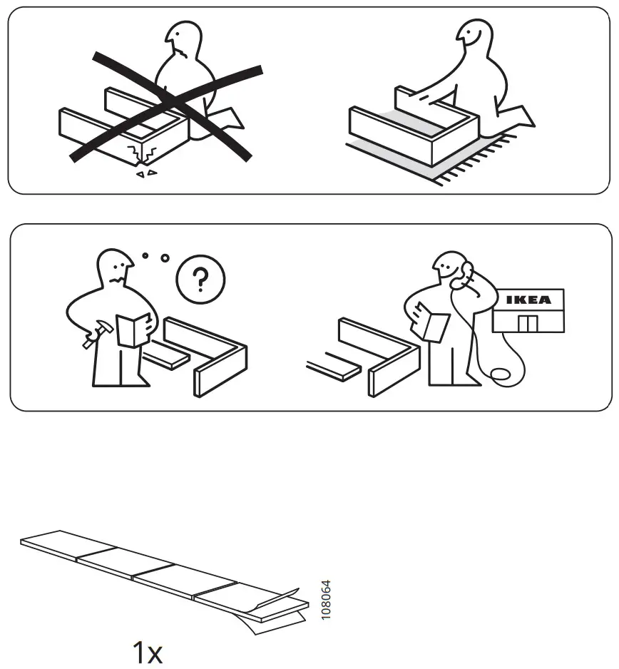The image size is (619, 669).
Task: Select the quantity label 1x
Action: [148, 652]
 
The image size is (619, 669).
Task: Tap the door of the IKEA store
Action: [527, 323]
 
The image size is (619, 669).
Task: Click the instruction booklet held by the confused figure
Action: [133, 330]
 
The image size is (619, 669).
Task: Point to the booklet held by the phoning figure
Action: [434, 323]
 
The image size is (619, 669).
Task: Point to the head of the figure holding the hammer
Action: [114, 267]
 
